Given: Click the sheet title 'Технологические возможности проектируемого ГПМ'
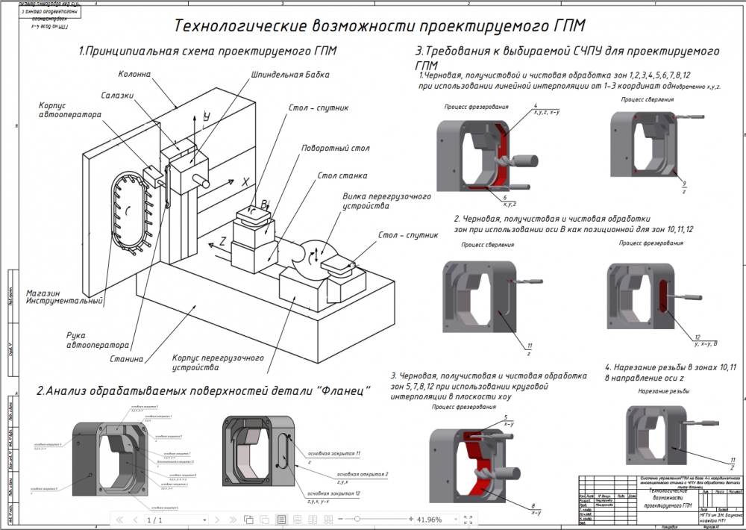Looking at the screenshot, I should pos(379,26).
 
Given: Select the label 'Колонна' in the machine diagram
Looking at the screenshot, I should pos(134,75).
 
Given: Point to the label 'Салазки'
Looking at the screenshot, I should pos(118,96).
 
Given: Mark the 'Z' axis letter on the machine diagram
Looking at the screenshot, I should pos(222,243).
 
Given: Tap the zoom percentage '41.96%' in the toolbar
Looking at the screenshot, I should pos(429,519).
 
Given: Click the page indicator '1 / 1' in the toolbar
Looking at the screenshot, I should pos(154,519).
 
